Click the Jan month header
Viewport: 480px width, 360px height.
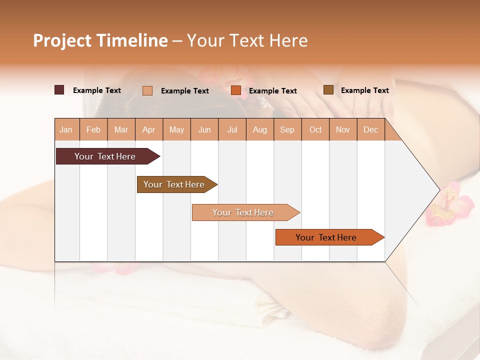click(66, 130)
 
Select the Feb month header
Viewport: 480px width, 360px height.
click(93, 130)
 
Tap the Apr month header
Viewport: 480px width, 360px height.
click(148, 130)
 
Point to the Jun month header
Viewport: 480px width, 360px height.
click(204, 130)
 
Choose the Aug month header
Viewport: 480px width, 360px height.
click(260, 130)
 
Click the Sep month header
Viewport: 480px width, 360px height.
click(287, 130)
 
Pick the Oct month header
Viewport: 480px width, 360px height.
click(315, 130)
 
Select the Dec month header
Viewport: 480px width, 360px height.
click(370, 130)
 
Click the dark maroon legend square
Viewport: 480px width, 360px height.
click(59, 90)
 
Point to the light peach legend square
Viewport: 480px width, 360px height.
click(147, 90)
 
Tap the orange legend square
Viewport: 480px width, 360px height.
click(236, 90)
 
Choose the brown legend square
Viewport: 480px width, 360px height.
click(328, 90)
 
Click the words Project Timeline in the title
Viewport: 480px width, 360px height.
click(100, 40)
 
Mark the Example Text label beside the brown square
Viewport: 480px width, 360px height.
click(364, 90)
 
